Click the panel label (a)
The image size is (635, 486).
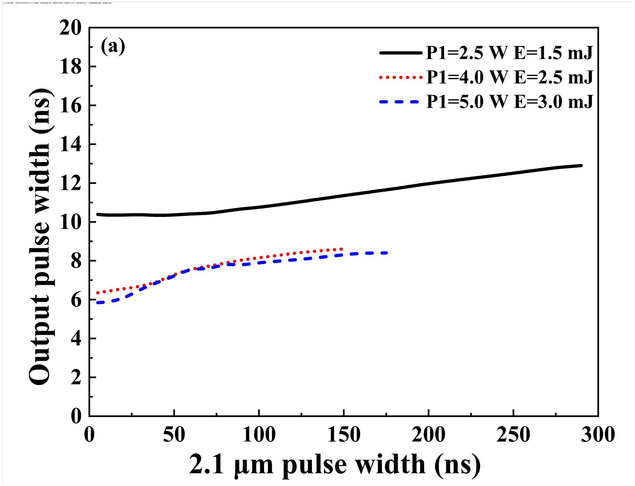[x=113, y=47]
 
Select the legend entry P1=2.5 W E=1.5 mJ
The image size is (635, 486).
[x=509, y=53]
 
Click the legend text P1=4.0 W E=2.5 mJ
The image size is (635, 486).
[x=509, y=77]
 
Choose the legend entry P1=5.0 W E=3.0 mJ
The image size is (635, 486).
[x=509, y=102]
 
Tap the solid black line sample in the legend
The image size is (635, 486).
[x=401, y=53]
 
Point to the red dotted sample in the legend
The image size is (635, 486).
[x=401, y=77]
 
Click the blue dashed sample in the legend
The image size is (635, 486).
[x=401, y=102]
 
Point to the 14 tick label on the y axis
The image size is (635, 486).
[x=70, y=145]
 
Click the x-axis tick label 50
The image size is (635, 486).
[x=174, y=435]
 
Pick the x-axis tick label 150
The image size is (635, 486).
[x=344, y=435]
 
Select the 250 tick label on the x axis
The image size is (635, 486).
[x=513, y=435]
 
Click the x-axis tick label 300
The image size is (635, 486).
[x=598, y=435]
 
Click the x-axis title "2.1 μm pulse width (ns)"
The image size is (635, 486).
[x=335, y=464]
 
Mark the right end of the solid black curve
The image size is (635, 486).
[x=581, y=165]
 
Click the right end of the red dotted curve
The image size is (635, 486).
[x=342, y=249]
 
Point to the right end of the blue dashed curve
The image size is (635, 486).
[x=386, y=253]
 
